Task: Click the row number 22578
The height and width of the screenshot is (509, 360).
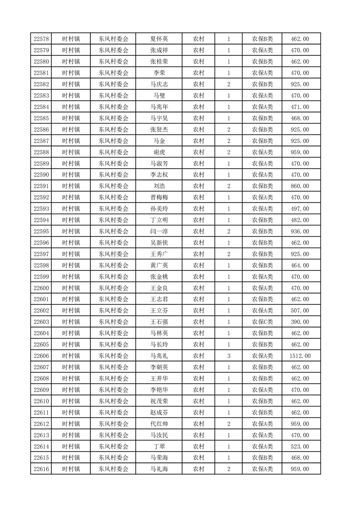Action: tap(41, 39)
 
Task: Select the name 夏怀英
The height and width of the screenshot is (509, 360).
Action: tap(159, 39)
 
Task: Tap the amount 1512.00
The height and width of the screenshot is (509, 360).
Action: tap(300, 356)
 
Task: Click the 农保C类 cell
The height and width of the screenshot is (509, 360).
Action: tap(262, 322)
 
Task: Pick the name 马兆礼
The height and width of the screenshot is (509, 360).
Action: tap(159, 356)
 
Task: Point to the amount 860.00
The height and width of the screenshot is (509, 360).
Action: tap(300, 186)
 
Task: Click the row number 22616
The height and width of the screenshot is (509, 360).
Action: tap(41, 469)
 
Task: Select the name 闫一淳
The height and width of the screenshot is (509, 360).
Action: tap(159, 231)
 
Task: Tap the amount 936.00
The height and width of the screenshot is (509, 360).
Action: tap(300, 231)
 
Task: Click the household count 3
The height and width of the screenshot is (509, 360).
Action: tap(228, 356)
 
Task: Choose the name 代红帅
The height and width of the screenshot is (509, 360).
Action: tap(159, 424)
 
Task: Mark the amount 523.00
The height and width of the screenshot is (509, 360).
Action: tap(300, 446)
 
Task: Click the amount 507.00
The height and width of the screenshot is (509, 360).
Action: tap(300, 311)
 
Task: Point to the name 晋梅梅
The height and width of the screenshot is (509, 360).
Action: tap(159, 198)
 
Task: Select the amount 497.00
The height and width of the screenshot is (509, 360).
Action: tap(300, 209)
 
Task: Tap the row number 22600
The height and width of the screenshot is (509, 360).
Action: tap(41, 288)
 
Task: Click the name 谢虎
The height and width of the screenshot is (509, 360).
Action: tap(159, 152)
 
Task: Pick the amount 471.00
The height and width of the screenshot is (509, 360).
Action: tap(300, 107)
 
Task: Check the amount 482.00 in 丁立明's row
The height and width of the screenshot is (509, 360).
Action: tap(300, 220)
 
